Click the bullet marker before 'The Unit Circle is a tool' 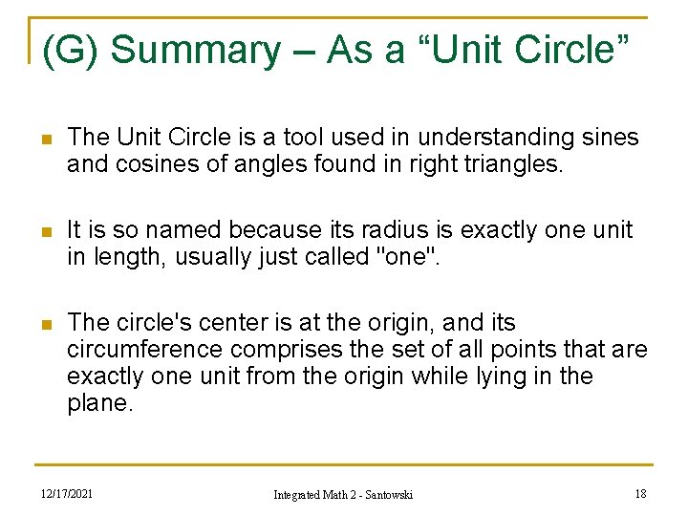pos(39,139)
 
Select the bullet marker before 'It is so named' pos(39,231)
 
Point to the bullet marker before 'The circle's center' pos(39,324)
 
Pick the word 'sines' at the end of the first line pos(605,138)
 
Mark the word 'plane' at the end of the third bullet pos(97,403)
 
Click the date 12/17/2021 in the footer pos(68,492)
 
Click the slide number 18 pos(639,492)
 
